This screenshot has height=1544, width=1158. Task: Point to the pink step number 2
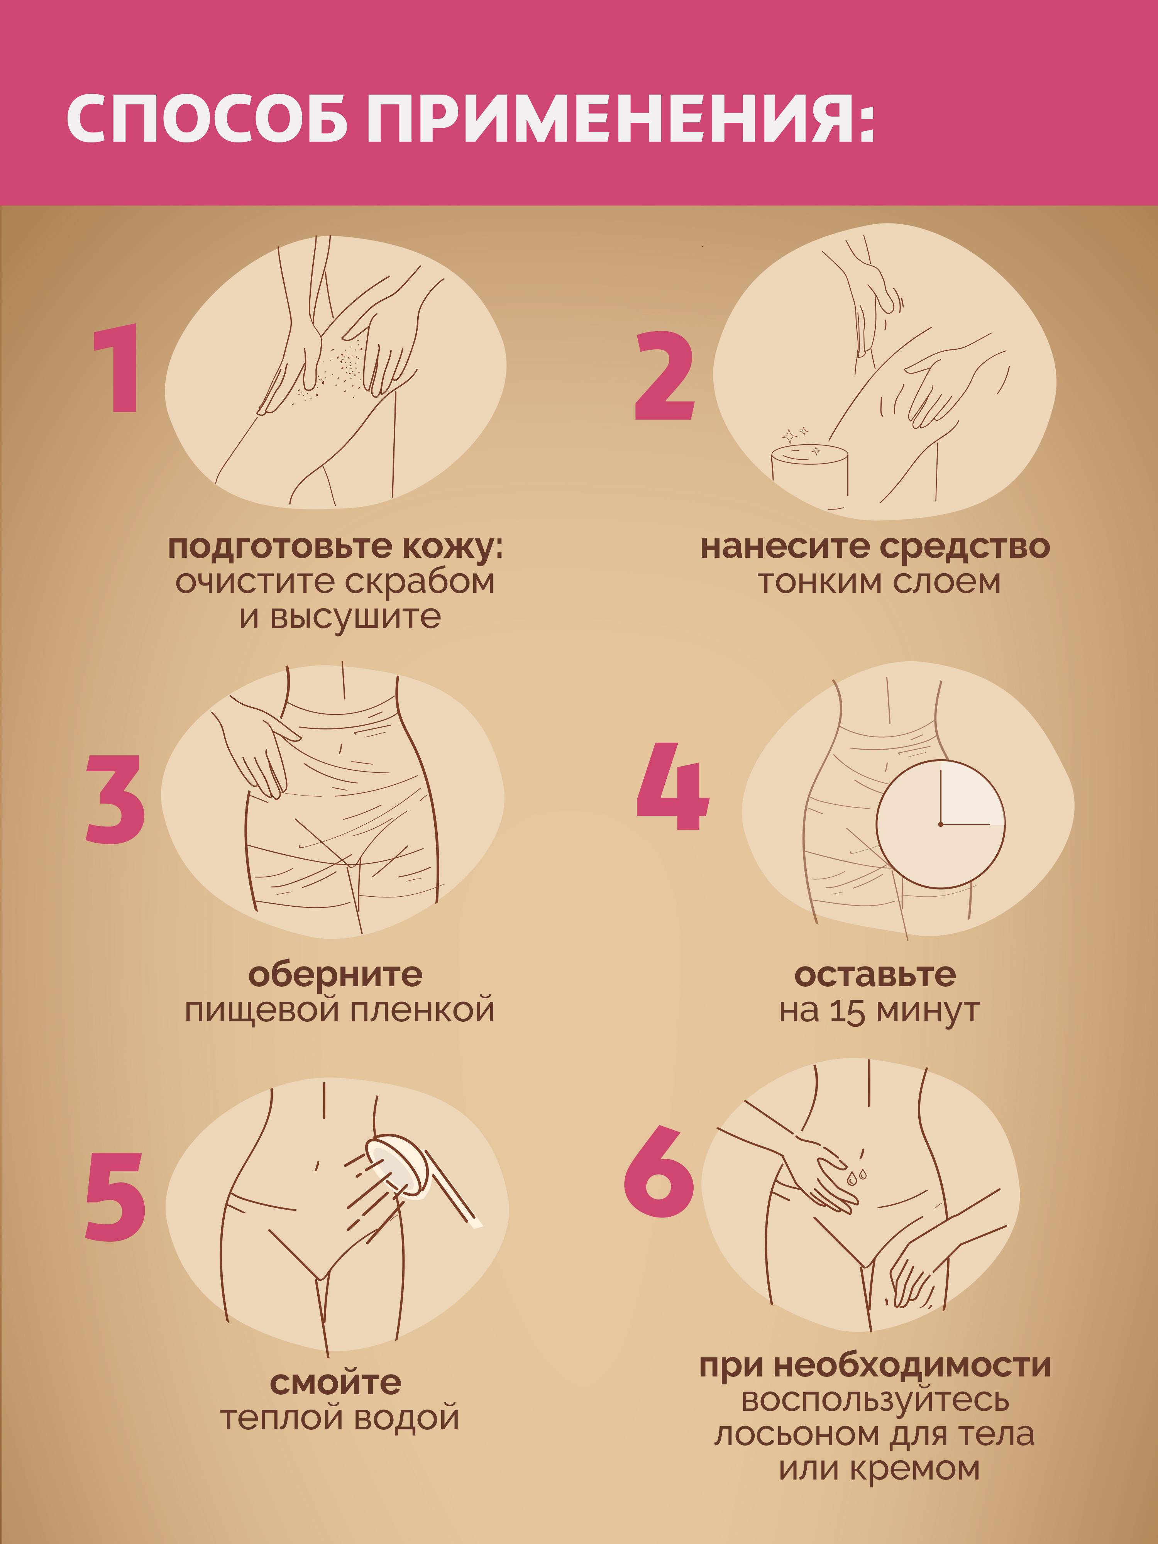point(665,376)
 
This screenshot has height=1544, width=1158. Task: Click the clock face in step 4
point(940,824)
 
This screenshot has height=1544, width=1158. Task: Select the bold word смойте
point(336,1382)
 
